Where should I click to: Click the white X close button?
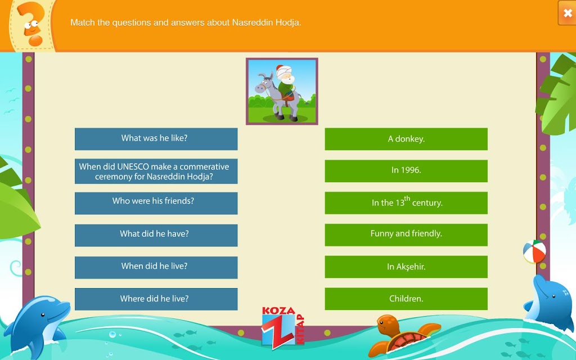click(x=567, y=13)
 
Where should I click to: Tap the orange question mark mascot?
click(x=31, y=24)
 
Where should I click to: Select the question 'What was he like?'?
click(x=156, y=139)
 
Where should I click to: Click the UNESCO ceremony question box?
click(x=156, y=171)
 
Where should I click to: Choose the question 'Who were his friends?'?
click(x=156, y=203)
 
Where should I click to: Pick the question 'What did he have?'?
click(x=156, y=235)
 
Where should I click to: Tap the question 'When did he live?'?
click(x=156, y=267)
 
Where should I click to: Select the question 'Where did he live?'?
click(x=156, y=299)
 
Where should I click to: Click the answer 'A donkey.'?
click(x=406, y=139)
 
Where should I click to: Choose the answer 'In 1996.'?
click(x=406, y=171)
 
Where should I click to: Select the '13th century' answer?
click(x=406, y=202)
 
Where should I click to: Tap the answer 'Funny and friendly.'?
click(x=406, y=235)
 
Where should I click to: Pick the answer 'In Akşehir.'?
click(x=406, y=267)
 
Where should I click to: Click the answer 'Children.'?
click(x=406, y=299)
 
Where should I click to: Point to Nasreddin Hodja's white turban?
click(x=283, y=71)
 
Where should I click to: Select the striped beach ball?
click(x=534, y=251)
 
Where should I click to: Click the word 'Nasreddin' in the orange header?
click(x=253, y=22)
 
